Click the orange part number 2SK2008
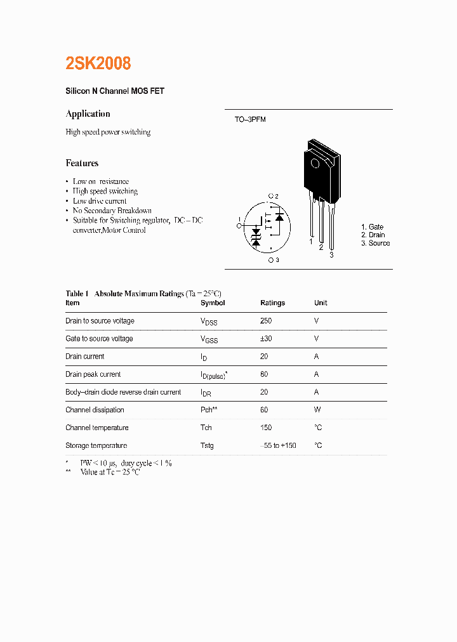[x=98, y=63]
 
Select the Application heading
[x=88, y=114]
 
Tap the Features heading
[x=82, y=163]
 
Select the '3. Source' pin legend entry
[x=375, y=243]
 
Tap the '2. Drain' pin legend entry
[x=373, y=235]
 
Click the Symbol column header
[x=213, y=303]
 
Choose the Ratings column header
[x=272, y=303]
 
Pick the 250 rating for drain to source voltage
[x=266, y=321]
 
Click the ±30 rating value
[x=266, y=339]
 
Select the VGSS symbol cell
[x=209, y=339]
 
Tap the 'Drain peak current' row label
[x=93, y=374]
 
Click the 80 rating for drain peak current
[x=264, y=374]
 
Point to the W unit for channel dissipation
[x=317, y=410]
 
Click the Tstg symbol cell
[x=207, y=445]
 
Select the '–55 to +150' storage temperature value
[x=278, y=445]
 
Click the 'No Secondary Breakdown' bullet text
[x=112, y=211]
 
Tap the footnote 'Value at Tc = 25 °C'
[x=110, y=473]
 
